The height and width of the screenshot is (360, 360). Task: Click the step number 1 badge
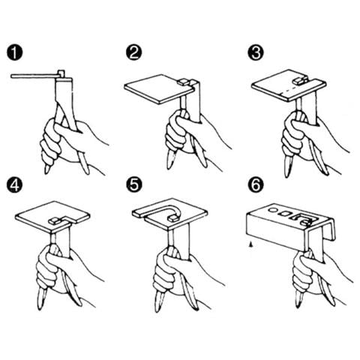point(14,52)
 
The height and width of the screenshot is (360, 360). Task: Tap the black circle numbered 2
point(133,52)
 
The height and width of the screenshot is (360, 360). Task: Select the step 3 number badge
point(256,52)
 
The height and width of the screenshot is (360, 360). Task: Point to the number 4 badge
point(14,185)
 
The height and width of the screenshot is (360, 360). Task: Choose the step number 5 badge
point(133,185)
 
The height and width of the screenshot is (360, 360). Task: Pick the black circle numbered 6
point(256,185)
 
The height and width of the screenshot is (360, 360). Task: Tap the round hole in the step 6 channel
point(273,210)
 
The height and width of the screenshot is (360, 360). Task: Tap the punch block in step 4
point(55,220)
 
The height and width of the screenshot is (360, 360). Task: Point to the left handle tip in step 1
point(46,171)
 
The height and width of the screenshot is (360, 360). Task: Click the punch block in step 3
point(299,80)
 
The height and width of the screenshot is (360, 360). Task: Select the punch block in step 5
point(173,218)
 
